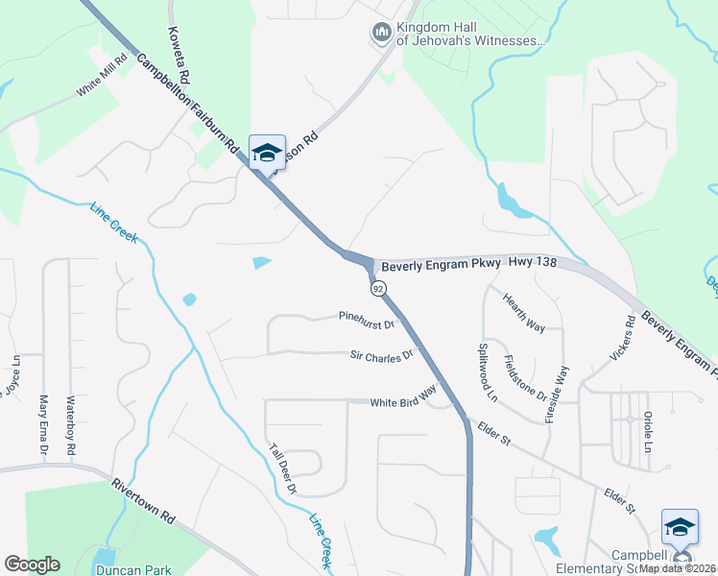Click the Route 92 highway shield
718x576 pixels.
pos(377,288)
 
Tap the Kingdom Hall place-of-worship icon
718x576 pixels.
pos(381,34)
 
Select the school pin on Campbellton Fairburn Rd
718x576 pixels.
pos(267,154)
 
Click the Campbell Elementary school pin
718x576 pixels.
pos(680,528)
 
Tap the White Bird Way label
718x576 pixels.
pos(403,397)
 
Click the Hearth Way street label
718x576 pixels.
pos(524,313)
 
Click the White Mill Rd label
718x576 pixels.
pos(104,76)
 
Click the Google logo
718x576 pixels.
pos(32,564)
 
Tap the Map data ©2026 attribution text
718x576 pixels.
pos(677,568)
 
